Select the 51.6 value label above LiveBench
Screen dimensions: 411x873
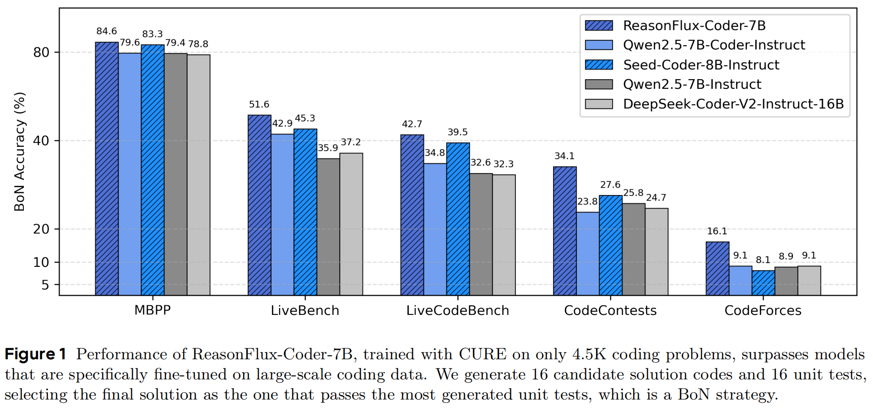coord(259,104)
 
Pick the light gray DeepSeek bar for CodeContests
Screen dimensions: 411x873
coord(656,252)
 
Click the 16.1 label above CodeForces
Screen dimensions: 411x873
coord(717,231)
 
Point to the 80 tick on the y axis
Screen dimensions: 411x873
coord(41,52)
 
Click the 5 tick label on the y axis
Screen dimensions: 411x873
coord(45,285)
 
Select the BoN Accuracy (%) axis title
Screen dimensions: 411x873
coord(19,151)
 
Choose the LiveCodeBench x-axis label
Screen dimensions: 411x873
coord(457,310)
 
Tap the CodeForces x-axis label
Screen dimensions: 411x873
coord(763,310)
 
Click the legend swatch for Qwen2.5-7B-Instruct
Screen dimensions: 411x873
coord(599,84)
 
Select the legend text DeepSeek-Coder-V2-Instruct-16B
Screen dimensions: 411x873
coord(733,104)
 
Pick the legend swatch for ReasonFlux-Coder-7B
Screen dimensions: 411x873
coord(599,26)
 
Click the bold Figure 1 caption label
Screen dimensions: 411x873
coord(36,354)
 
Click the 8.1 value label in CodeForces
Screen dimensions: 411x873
coord(763,260)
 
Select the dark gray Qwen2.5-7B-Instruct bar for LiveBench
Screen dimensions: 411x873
coord(328,227)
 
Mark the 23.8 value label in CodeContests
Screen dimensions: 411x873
coord(587,201)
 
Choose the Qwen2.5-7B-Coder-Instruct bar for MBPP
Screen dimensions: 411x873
coord(130,174)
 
